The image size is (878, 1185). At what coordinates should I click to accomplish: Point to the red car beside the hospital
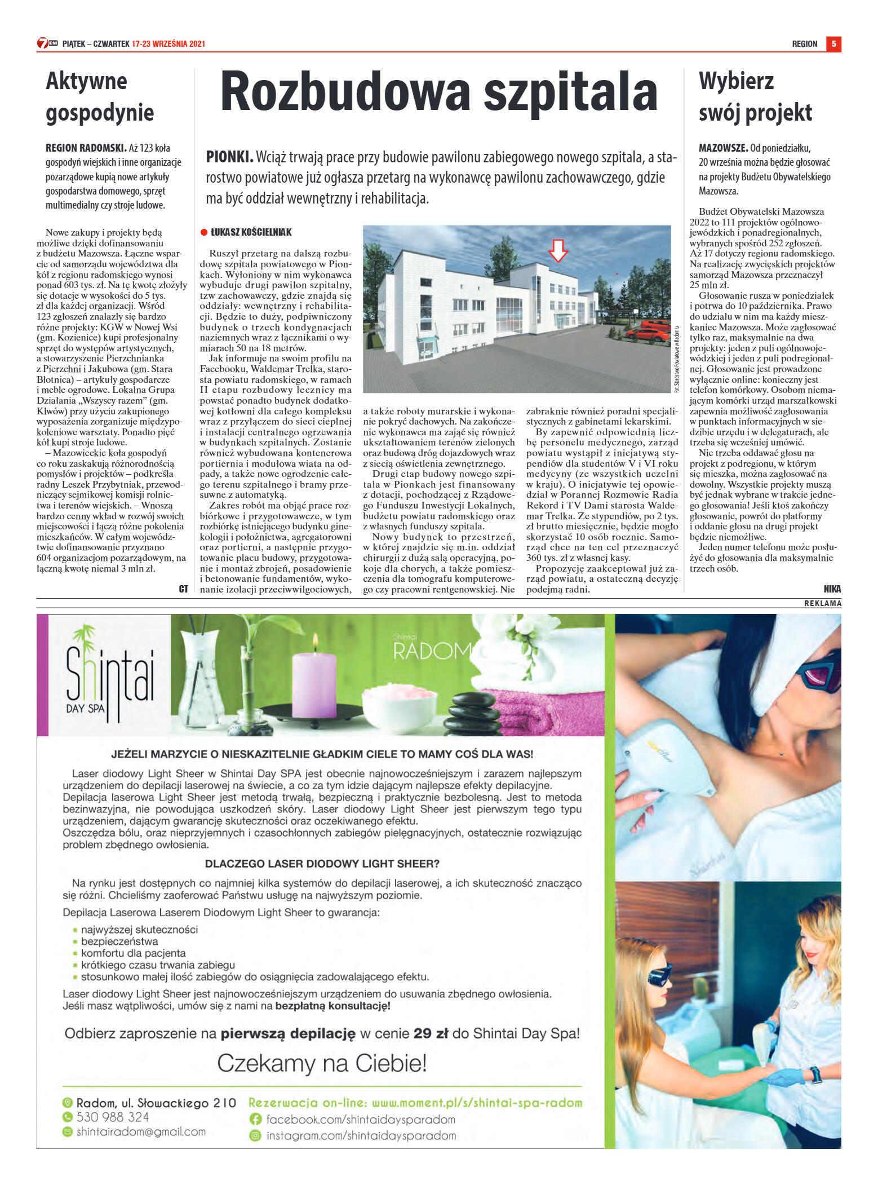click(x=648, y=332)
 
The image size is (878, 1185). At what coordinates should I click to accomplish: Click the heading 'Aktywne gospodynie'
click(x=100, y=97)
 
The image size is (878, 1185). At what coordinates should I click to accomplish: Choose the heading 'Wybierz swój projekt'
click(x=755, y=97)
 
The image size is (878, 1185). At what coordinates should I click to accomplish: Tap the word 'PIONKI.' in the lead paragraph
click(x=229, y=157)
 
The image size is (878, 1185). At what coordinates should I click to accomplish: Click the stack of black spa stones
click(x=475, y=714)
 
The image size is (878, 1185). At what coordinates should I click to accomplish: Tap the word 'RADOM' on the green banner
click(x=432, y=651)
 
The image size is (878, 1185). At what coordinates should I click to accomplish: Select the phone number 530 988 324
click(x=113, y=1117)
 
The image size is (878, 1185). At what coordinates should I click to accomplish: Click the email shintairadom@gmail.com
click(x=141, y=1131)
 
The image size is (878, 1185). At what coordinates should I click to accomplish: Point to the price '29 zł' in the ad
click(x=430, y=1033)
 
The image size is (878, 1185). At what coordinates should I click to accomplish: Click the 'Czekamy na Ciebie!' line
click(x=322, y=1064)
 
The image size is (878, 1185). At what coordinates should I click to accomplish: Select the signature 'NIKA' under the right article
click(x=832, y=589)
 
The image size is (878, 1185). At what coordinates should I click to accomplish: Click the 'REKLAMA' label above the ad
click(x=822, y=603)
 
